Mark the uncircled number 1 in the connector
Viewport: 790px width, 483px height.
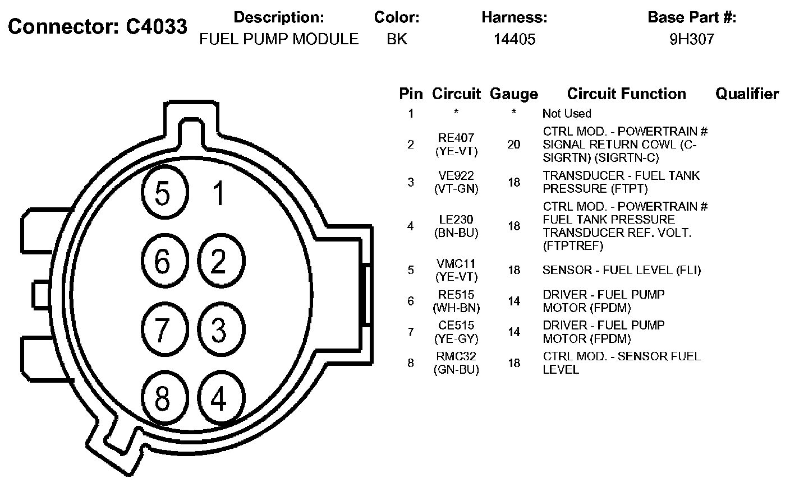[x=219, y=193]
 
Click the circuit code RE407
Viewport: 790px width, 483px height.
[x=456, y=137]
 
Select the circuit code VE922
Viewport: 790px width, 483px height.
[x=456, y=175]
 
